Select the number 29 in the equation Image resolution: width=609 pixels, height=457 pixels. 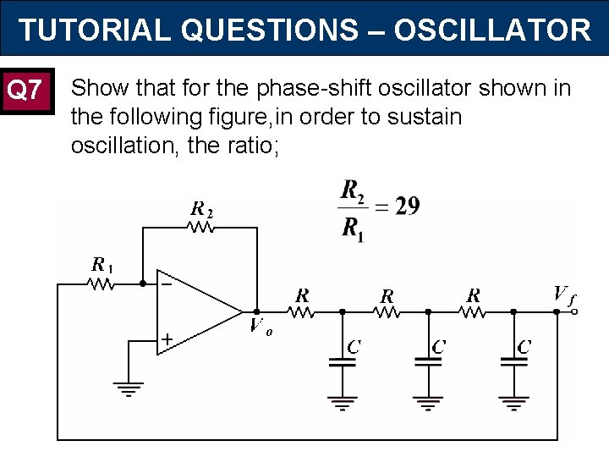(x=406, y=206)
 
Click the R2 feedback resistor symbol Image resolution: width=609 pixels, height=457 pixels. (x=201, y=227)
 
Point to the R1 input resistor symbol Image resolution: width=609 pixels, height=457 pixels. (x=101, y=284)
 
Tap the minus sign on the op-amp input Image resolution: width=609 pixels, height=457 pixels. (x=167, y=285)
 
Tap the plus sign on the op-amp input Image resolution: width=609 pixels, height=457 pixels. (x=167, y=339)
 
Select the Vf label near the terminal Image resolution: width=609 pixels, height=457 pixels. (x=563, y=295)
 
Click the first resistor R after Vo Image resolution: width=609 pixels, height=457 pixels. (x=301, y=312)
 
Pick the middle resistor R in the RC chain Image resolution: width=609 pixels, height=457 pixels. (x=387, y=312)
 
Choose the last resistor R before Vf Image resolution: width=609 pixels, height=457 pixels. (x=473, y=312)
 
